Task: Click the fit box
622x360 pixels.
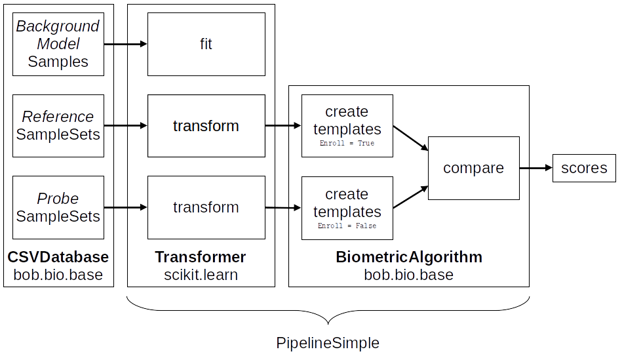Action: click(x=206, y=45)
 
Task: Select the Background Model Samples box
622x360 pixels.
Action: click(x=58, y=44)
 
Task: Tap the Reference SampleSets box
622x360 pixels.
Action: click(x=58, y=126)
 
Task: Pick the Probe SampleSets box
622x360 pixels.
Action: click(x=58, y=207)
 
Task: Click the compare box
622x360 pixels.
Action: click(x=473, y=168)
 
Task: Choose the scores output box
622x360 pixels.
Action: click(x=584, y=168)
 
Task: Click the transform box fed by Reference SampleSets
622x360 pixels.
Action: click(x=206, y=126)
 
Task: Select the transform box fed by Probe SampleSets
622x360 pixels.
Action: click(x=206, y=207)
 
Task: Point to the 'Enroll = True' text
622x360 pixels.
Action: click(x=347, y=143)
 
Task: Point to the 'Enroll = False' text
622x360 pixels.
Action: click(x=347, y=226)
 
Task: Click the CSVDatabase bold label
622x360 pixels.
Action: click(x=58, y=257)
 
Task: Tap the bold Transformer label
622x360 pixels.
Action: click(x=201, y=257)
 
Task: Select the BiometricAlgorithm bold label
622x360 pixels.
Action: click(x=409, y=257)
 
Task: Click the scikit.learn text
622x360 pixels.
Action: click(x=201, y=275)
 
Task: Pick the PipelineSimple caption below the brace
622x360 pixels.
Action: click(x=328, y=343)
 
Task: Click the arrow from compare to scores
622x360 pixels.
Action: click(x=535, y=168)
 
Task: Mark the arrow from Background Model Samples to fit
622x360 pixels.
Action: click(x=125, y=45)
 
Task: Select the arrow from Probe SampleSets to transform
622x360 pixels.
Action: click(x=125, y=207)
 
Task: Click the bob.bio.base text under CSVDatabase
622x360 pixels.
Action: click(x=58, y=275)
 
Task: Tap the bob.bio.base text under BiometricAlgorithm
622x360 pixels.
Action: click(x=409, y=275)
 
